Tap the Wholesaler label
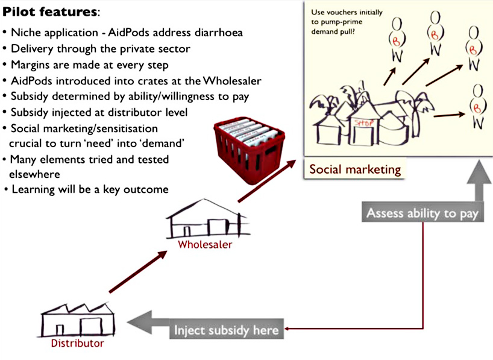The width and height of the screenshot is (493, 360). click(204, 245)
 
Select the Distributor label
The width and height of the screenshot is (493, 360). click(77, 343)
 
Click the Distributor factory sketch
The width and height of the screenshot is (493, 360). click(68, 320)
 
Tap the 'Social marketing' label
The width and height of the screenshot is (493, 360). click(355, 169)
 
